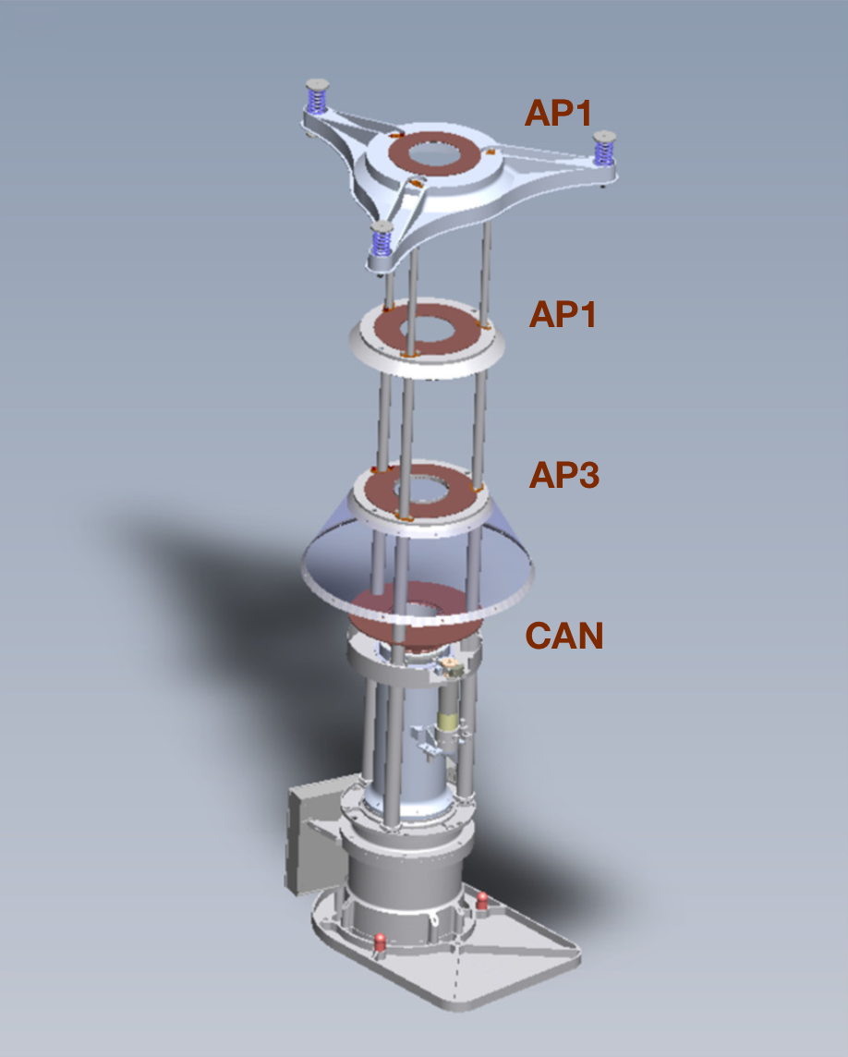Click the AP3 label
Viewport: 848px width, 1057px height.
pyautogui.click(x=564, y=475)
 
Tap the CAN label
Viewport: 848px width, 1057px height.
pyautogui.click(x=564, y=636)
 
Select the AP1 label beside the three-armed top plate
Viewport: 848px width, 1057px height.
pyautogui.click(x=558, y=113)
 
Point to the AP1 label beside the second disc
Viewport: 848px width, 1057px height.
pyautogui.click(x=563, y=314)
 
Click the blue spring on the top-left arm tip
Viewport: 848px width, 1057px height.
pyautogui.click(x=317, y=99)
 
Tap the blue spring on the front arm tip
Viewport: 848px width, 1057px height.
pyautogui.click(x=382, y=238)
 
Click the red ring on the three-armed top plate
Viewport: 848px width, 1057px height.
pyautogui.click(x=434, y=154)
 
